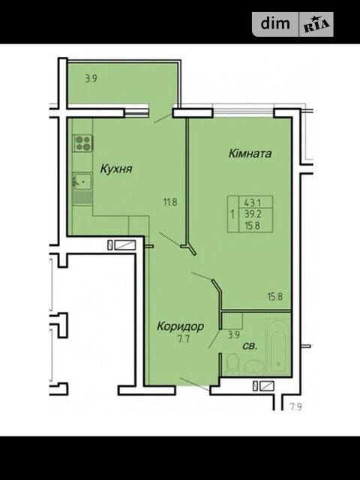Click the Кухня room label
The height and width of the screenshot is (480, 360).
pos(116,169)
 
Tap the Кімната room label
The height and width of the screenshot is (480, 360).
pos(250,153)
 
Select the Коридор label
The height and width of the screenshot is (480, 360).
pos(180,326)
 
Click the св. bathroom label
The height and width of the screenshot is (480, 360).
pos(250,346)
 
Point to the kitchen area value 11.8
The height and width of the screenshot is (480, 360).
pos(170,202)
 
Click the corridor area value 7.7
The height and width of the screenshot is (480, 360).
pos(184,339)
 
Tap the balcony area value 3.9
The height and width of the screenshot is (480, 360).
pos(91,79)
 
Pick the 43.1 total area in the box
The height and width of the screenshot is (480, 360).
pos(253,202)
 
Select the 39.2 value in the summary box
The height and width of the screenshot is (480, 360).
pos(253,214)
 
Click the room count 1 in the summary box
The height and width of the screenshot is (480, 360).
pos(232,214)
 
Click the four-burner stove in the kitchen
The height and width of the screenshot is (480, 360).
pos(84,143)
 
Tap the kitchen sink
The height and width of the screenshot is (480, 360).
pos(82,181)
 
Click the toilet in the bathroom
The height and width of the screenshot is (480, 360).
pos(232,362)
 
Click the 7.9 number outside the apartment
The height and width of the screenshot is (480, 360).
pos(296,407)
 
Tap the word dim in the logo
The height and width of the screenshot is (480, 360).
pos(275,23)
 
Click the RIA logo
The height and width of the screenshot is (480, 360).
pos(316,25)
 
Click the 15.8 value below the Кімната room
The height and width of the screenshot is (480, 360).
pos(275,296)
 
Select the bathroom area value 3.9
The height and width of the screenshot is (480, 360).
pos(233,335)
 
